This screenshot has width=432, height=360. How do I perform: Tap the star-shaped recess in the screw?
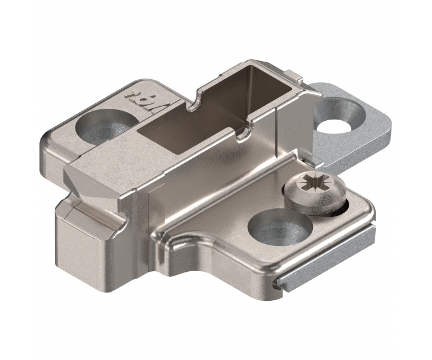[x=315, y=182]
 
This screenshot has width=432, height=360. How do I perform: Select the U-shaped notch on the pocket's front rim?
[x=243, y=133]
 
